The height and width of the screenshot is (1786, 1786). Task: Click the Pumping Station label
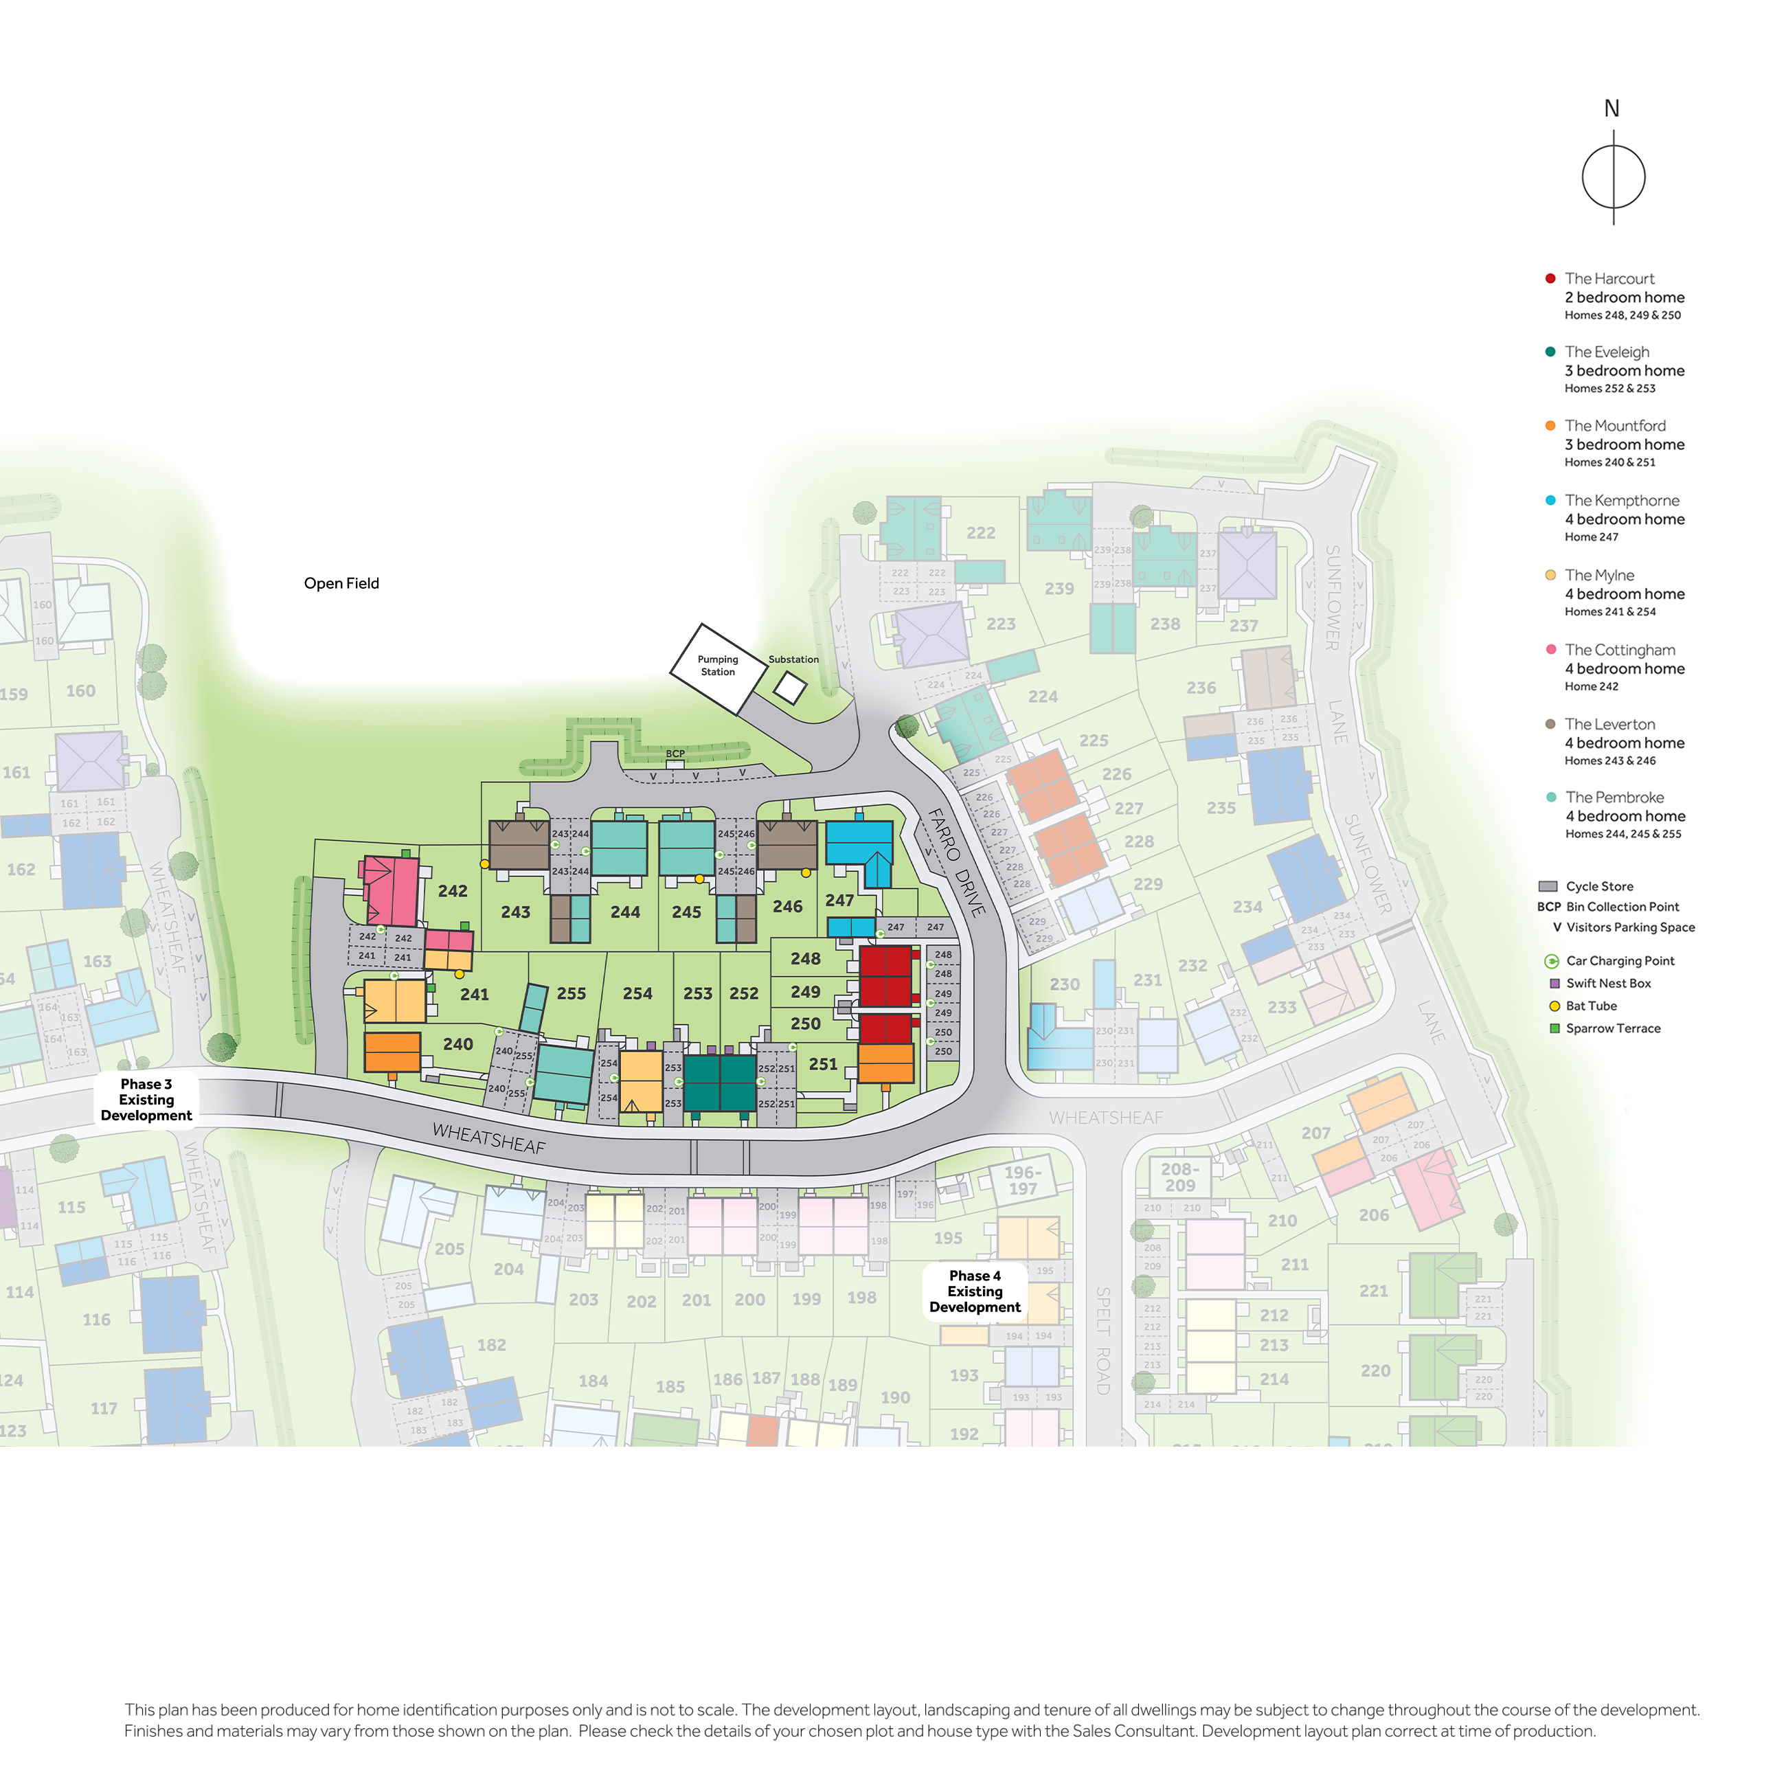(717, 666)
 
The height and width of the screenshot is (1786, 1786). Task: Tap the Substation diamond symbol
(789, 688)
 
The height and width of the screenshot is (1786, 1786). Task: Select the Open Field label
(341, 583)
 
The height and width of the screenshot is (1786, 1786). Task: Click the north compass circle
(1613, 177)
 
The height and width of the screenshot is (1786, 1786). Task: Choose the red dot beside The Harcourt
(1550, 278)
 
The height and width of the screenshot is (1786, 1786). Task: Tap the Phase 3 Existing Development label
(146, 1099)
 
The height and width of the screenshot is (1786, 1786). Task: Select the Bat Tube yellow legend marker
(1554, 1006)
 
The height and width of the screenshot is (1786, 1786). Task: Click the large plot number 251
(823, 1064)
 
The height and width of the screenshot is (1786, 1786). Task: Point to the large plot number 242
(452, 891)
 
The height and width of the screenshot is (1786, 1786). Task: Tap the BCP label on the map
(675, 754)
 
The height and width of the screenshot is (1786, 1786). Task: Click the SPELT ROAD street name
(1102, 1339)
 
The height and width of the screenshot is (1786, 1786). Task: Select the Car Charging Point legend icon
(1552, 962)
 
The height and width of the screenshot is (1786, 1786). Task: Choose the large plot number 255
(572, 994)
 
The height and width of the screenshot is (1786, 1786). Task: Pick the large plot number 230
(1064, 984)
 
